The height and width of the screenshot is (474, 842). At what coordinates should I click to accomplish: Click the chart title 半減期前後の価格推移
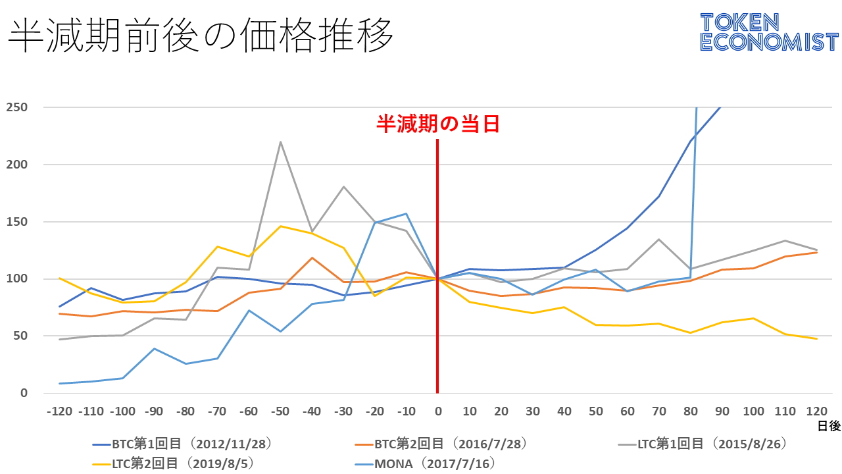pyautogui.click(x=201, y=36)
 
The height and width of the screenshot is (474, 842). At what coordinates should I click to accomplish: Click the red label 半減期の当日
pyautogui.click(x=437, y=124)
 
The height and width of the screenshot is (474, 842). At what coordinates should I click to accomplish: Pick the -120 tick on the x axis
pyautogui.click(x=59, y=411)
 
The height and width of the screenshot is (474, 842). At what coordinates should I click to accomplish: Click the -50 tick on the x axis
pyautogui.click(x=280, y=411)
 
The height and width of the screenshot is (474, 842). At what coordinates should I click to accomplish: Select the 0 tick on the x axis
pyautogui.click(x=437, y=411)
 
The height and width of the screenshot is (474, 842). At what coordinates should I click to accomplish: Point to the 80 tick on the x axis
pyautogui.click(x=690, y=411)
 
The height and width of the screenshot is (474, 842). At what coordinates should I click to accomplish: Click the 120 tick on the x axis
pyautogui.click(x=816, y=411)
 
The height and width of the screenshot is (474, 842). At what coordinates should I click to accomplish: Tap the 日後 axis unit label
pyautogui.click(x=828, y=427)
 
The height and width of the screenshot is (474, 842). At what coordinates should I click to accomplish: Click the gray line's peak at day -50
pyautogui.click(x=280, y=142)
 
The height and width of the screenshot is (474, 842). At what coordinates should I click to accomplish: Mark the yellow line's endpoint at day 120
pyautogui.click(x=816, y=338)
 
